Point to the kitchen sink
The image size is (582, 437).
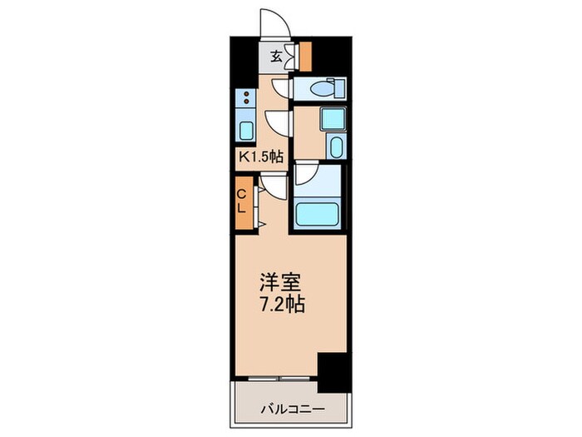click(x=247, y=130)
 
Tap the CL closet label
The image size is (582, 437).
click(x=241, y=201)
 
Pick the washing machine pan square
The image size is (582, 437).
click(x=332, y=118)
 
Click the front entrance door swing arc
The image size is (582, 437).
click(x=274, y=21)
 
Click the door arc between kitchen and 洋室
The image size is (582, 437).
click(x=271, y=186)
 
